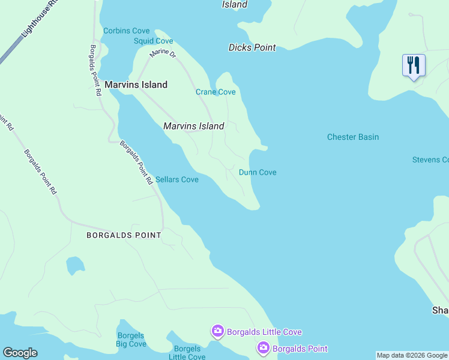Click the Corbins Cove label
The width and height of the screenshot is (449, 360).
click(x=126, y=31)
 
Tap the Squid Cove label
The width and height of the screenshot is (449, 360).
click(x=153, y=41)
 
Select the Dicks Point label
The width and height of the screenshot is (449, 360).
click(x=252, y=47)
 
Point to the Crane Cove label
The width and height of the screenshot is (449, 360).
click(x=215, y=92)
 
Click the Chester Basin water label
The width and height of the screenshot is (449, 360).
click(x=353, y=137)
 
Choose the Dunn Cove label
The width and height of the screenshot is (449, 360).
click(x=258, y=172)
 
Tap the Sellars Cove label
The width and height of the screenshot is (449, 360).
click(x=176, y=179)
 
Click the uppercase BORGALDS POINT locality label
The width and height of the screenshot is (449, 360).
click(x=124, y=235)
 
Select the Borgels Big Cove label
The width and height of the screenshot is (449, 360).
click(x=131, y=340)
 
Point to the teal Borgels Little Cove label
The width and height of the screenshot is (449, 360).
click(x=188, y=353)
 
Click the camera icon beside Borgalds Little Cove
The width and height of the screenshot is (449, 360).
click(x=217, y=331)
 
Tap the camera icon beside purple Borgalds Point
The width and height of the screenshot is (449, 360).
click(x=263, y=348)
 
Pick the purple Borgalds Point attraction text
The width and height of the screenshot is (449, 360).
click(x=300, y=349)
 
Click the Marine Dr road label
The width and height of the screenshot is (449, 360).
click(x=163, y=54)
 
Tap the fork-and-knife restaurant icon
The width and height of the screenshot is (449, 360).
click(x=414, y=65)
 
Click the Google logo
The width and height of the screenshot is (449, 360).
click(x=20, y=353)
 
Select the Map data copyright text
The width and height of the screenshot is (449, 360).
click(x=412, y=355)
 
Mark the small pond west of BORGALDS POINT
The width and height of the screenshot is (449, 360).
click(x=75, y=265)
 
